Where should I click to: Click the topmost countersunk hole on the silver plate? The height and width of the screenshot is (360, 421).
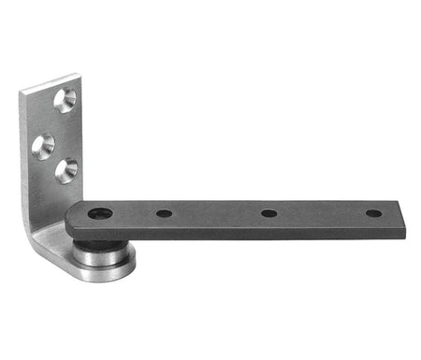tap(65, 99)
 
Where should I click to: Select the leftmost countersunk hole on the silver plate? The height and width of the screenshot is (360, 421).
tap(43, 145)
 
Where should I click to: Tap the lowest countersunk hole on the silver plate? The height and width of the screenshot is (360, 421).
tap(66, 170)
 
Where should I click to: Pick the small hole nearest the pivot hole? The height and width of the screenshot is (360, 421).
tap(164, 213)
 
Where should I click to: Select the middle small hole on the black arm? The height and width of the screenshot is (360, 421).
tap(269, 213)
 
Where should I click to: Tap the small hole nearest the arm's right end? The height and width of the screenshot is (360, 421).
tap(373, 213)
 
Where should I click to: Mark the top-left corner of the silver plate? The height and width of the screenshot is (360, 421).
tap(21, 90)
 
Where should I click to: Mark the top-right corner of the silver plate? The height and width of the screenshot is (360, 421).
tap(76, 74)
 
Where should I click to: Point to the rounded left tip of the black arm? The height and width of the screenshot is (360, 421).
tap(68, 223)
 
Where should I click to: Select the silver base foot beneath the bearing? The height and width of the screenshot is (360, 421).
tap(94, 274)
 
